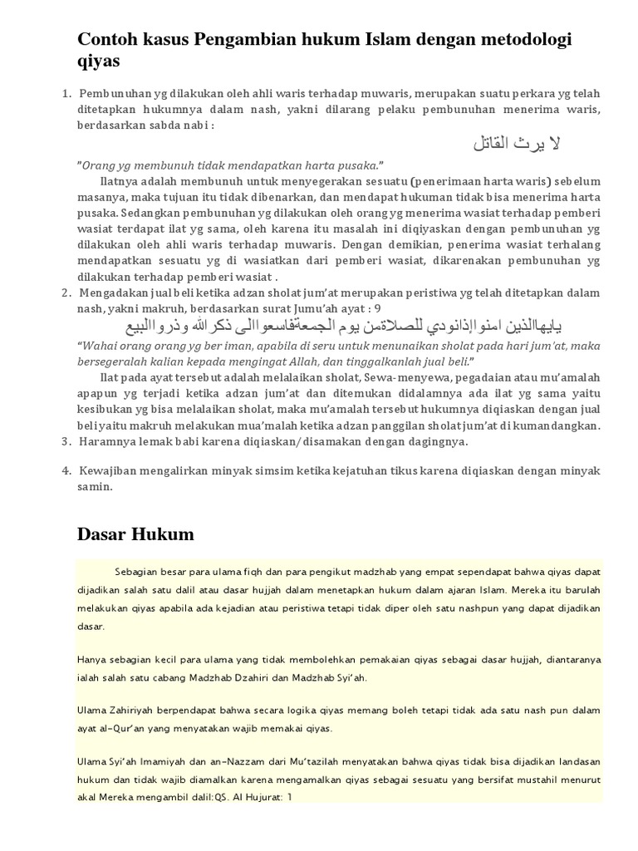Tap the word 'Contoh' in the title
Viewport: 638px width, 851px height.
coord(106,40)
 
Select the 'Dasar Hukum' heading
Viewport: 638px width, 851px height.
coord(135,534)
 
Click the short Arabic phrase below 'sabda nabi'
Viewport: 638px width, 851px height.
coord(516,145)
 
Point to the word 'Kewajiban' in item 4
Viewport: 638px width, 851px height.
coord(107,470)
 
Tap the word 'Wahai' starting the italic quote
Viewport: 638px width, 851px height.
coord(99,346)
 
